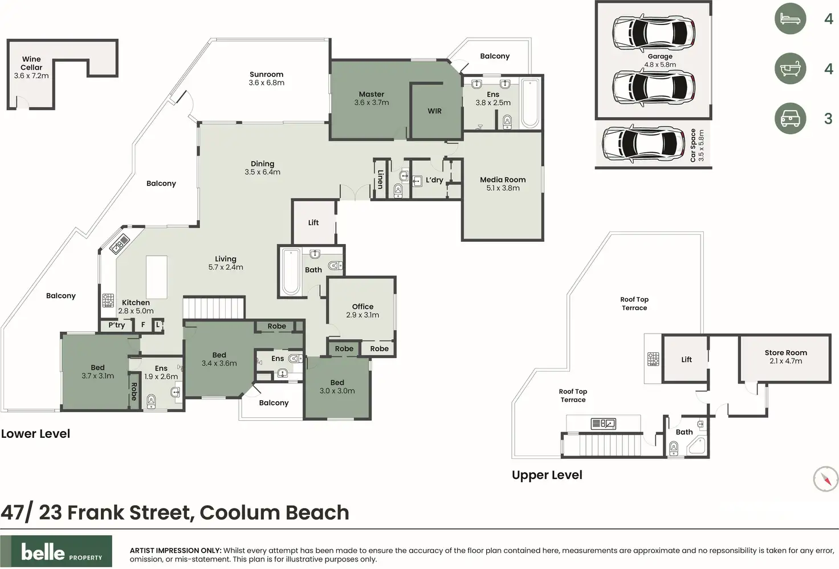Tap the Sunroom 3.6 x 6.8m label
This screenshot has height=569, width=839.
[267, 78]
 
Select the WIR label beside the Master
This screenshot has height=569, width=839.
[434, 111]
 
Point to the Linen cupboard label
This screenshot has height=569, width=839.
[381, 179]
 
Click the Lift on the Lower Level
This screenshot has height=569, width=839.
[313, 222]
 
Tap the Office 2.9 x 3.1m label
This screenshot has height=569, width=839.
[363, 311]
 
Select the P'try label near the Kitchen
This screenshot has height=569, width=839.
[116, 325]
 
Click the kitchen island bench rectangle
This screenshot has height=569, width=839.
[157, 277]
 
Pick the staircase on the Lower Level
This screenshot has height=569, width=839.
[214, 308]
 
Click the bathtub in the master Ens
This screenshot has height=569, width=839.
[530, 103]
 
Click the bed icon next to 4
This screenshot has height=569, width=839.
[791, 19]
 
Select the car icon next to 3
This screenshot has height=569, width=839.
[791, 119]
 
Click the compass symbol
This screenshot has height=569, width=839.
[825, 479]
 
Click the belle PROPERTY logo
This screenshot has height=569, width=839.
[56, 551]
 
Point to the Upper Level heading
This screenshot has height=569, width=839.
[547, 475]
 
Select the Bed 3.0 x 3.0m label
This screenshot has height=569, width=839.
[337, 387]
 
